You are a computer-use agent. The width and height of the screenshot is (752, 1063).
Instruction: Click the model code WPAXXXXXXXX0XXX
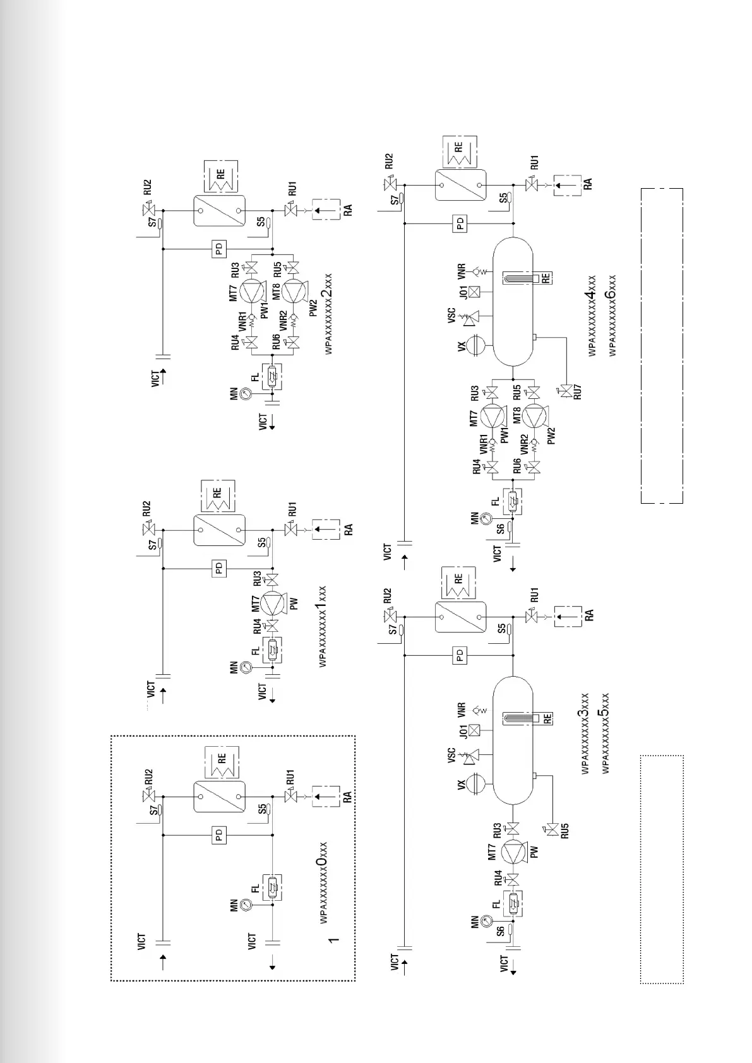click(x=323, y=888)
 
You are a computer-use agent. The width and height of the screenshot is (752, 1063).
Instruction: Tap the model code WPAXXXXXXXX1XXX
click(x=321, y=626)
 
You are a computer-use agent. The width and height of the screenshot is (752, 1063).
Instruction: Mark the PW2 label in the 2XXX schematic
click(x=314, y=307)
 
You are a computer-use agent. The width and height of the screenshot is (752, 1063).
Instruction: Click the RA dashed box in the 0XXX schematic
click(x=326, y=797)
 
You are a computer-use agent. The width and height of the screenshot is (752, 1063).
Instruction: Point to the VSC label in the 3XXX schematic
click(x=452, y=755)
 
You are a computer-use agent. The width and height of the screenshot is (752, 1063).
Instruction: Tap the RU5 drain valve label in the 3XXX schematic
click(x=564, y=831)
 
